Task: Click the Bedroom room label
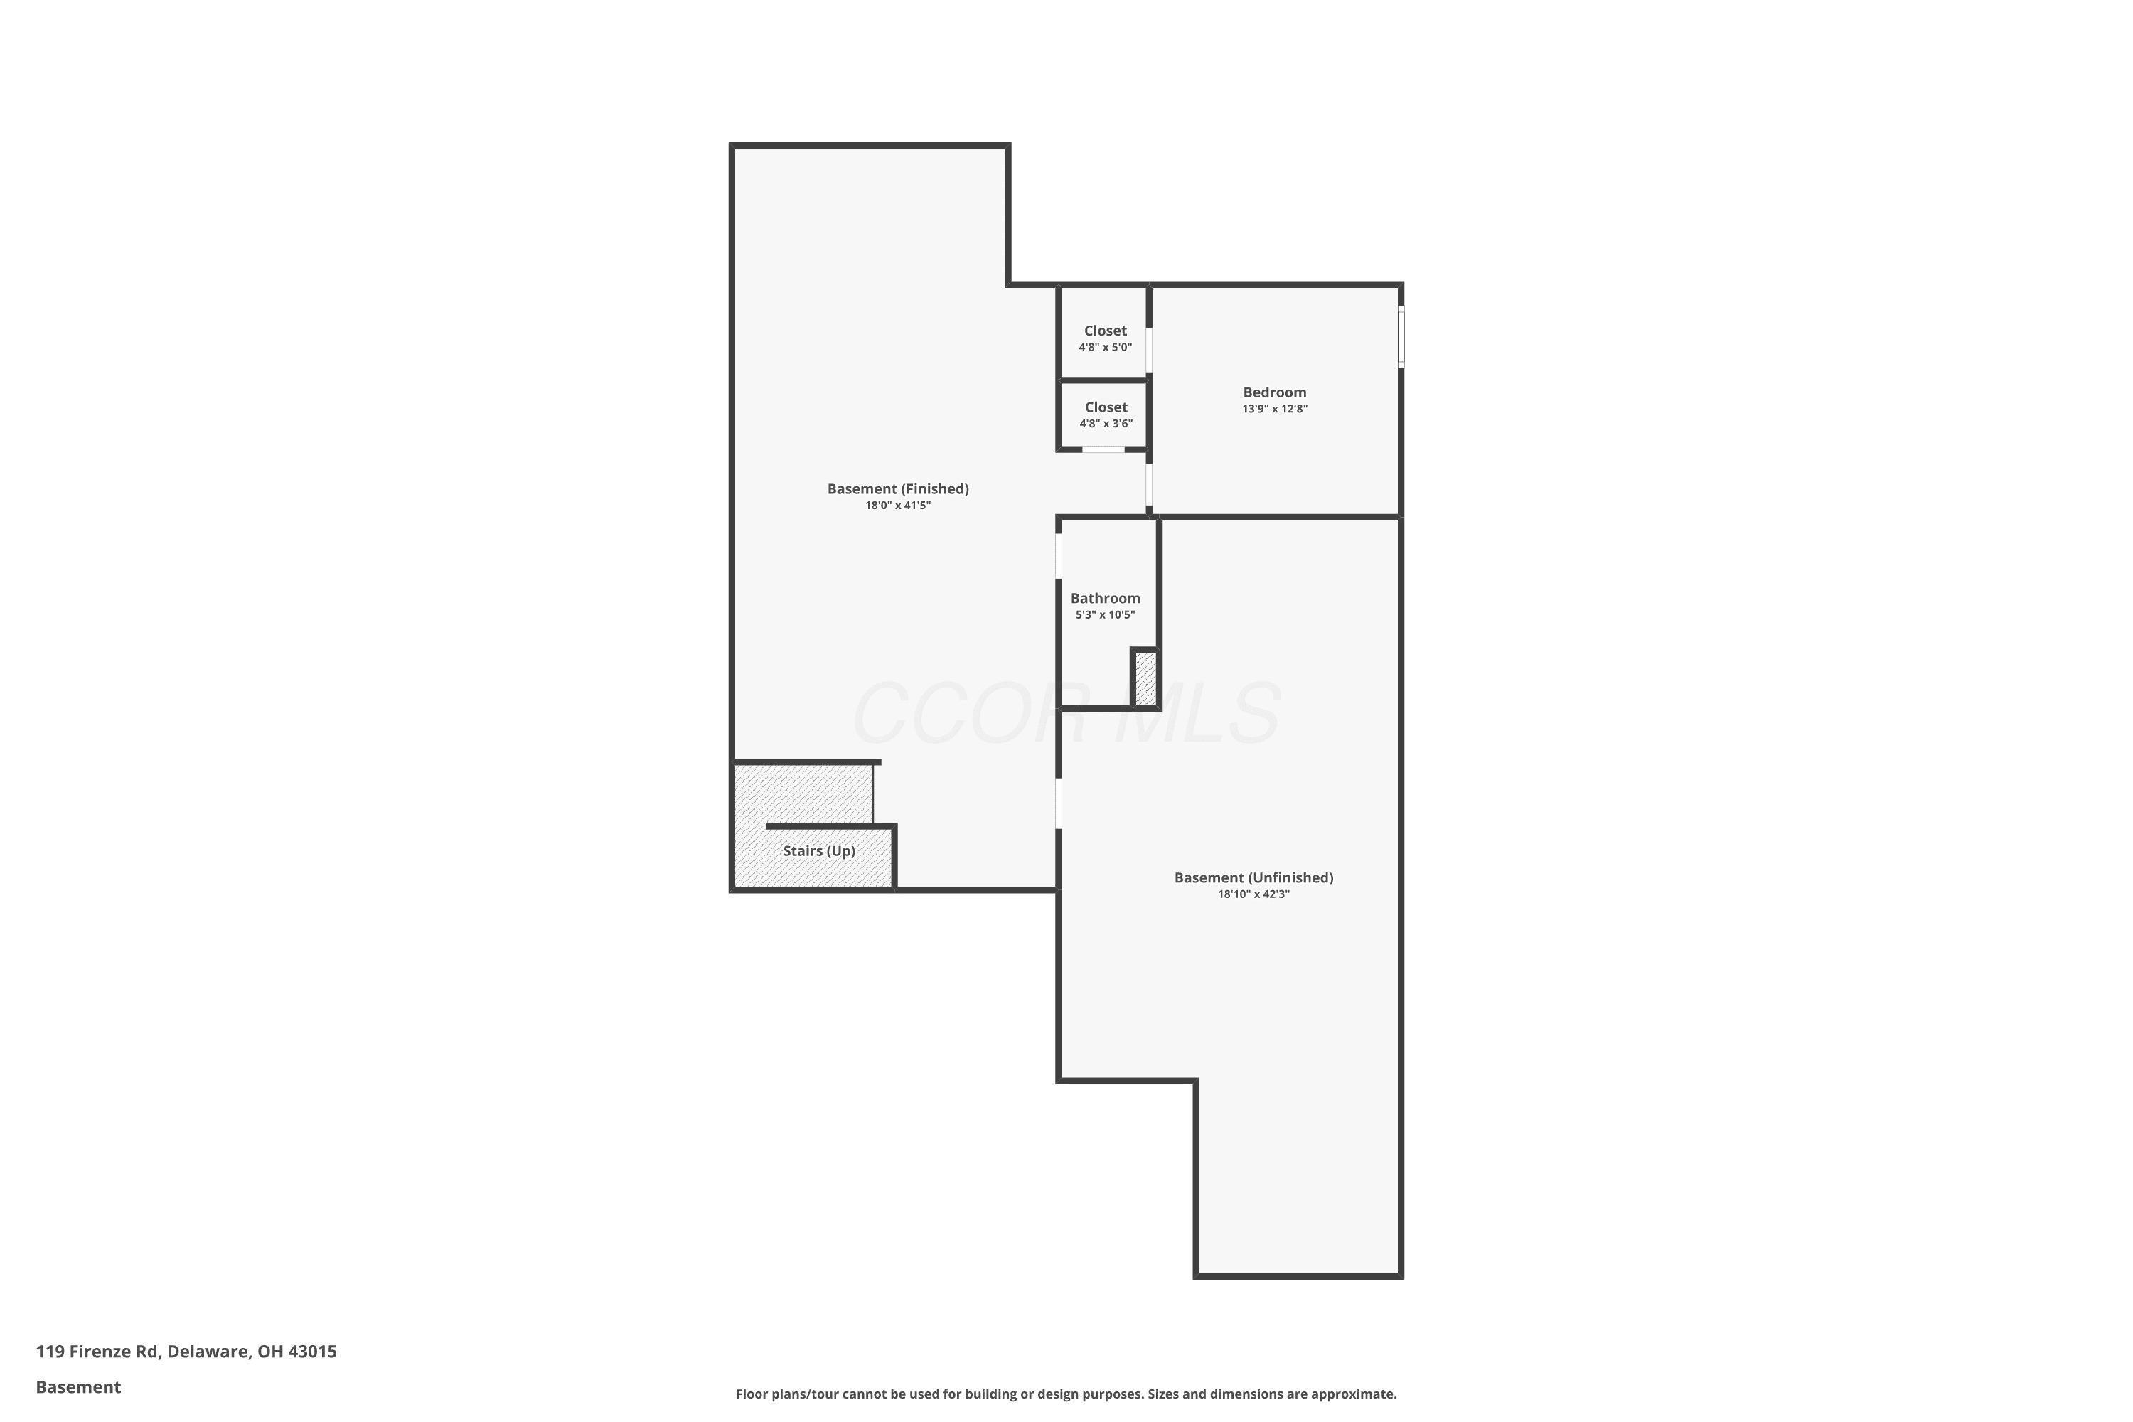1274,392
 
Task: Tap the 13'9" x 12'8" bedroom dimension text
1274,409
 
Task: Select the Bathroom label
1105,599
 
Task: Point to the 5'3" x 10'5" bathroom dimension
1105,615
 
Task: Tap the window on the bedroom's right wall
1401,337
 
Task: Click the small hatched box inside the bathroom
1145,678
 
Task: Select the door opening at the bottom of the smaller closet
1103,449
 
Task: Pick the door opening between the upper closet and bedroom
1149,350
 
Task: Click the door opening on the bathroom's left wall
1059,556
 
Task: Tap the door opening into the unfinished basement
1059,803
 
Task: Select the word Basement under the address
78,1386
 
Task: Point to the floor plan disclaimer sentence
1066,1394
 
